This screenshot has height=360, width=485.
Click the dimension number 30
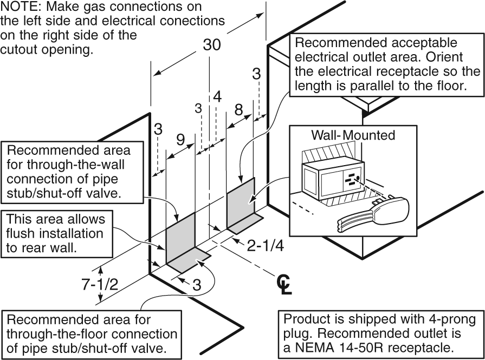(212, 45)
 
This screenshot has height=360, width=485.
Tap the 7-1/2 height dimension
(100, 284)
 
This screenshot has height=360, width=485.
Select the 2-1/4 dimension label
(266, 246)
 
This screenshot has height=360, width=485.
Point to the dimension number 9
(180, 140)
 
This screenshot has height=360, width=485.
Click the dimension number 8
(238, 110)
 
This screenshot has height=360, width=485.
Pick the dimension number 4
(217, 97)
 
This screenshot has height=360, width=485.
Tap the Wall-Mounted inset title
(353, 135)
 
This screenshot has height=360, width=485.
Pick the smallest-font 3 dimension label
(198, 108)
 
